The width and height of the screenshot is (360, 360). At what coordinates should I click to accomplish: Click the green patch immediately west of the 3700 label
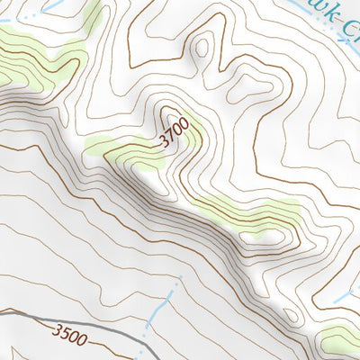[121, 144]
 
